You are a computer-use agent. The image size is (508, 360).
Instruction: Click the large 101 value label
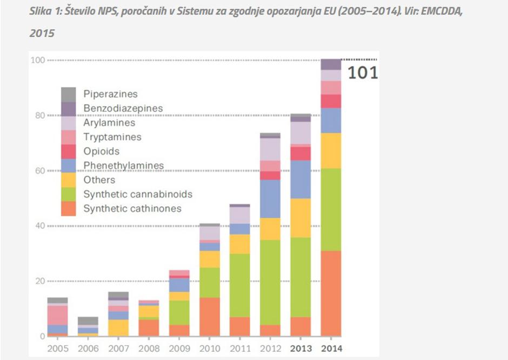coord(362,73)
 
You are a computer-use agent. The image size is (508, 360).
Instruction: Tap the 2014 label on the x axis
coord(331,349)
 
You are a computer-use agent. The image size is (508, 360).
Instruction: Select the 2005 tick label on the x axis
coord(58,349)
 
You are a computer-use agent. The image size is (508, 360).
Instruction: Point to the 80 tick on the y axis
coord(38,115)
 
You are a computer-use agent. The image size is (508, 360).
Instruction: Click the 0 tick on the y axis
coord(41,336)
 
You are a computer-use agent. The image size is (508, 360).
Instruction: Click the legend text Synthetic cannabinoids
coord(137,194)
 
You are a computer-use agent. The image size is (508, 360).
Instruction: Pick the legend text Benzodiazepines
coord(123,108)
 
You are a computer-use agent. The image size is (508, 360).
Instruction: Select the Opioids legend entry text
coord(101,151)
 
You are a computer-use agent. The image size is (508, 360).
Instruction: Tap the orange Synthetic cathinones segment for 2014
coord(331,294)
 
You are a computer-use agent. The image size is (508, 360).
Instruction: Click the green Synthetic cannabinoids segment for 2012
coord(270,283)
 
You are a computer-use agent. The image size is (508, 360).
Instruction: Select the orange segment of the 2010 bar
coord(210,317)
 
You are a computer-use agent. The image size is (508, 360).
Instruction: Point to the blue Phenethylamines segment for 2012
coord(270,199)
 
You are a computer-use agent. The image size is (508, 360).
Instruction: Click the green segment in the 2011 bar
coord(240,285)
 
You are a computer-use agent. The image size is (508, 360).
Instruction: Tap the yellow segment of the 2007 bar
coord(118,328)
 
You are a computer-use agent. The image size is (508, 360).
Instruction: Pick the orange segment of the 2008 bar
coord(149,328)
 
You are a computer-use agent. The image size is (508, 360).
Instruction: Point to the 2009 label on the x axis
coord(179,349)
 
